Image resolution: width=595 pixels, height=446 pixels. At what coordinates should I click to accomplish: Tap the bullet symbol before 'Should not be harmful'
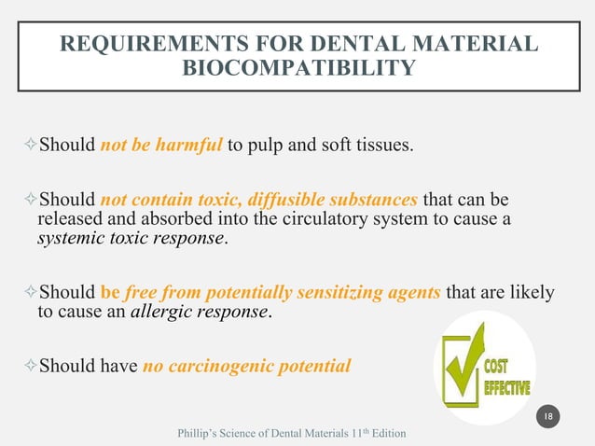coord(27,146)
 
